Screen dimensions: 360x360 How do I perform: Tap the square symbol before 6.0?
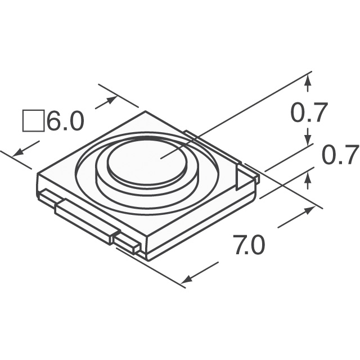33,121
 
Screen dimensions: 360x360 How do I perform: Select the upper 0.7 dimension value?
308,114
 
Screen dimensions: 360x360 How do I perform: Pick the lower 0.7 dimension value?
340,155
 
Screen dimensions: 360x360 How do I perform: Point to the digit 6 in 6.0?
55,121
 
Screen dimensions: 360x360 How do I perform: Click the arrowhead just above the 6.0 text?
112,101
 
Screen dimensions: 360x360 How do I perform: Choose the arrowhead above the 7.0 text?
310,211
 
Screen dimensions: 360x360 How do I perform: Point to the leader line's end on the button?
161,158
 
